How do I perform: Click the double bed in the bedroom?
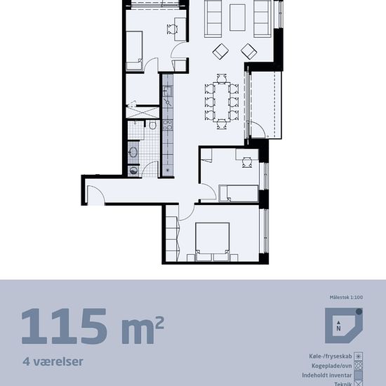pos(213,241)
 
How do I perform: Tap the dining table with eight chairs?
pos(222,102)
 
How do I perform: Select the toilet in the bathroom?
pos(152,126)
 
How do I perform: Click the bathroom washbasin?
pos(133,152)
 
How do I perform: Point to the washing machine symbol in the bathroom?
pos(133,171)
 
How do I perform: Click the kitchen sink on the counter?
pos(168,91)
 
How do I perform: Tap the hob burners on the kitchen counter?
pos(168,125)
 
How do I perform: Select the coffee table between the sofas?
pos(237,18)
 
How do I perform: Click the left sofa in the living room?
pos(213,18)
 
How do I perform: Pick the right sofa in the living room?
pos(262,18)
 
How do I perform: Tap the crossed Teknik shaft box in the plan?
pos(142,112)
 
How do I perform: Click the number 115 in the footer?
pos(65,326)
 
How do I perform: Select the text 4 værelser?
pos(53,361)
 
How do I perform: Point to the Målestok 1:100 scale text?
pos(346,298)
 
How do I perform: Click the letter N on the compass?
pos(339,328)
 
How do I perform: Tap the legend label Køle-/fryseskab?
pos(331,357)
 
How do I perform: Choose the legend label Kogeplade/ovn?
pos(332,366)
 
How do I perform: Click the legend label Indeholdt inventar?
pos(327,375)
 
